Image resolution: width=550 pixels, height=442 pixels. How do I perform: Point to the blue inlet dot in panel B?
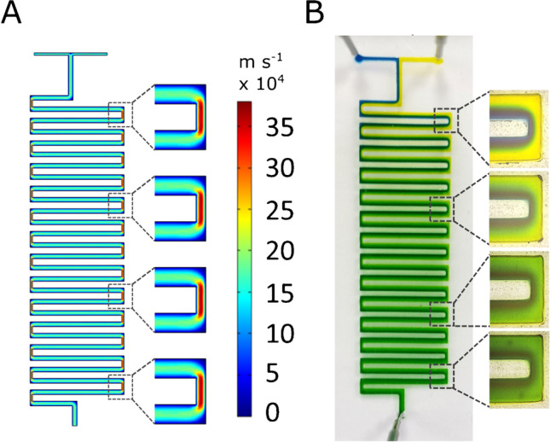(360, 60)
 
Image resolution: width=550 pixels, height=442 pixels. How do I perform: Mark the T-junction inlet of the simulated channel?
(69, 56)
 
